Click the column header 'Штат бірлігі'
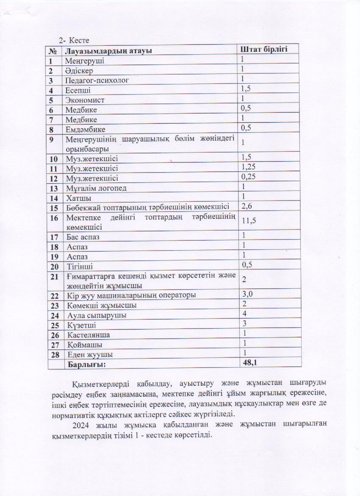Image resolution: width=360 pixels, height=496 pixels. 264,50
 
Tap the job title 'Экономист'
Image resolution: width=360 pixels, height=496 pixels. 85,100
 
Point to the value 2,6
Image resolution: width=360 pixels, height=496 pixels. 246,206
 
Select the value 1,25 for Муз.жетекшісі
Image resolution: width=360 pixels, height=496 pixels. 249,167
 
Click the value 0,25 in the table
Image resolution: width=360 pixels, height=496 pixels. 249,177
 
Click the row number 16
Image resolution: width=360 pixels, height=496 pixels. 53,218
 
